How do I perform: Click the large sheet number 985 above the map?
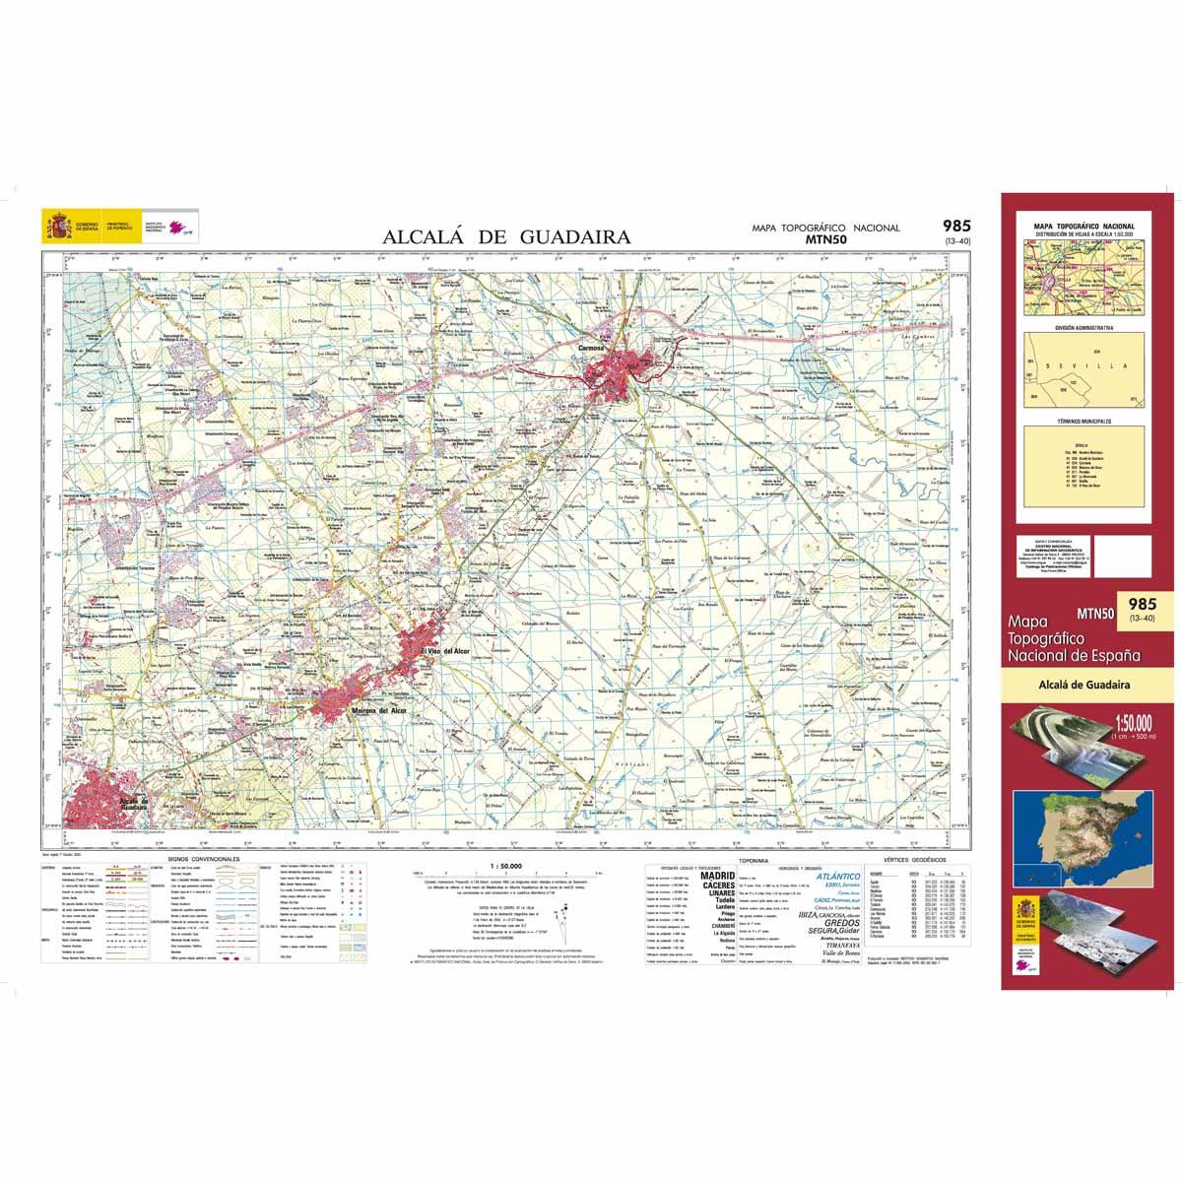click(955, 226)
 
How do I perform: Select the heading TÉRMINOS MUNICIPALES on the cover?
click(1082, 422)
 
